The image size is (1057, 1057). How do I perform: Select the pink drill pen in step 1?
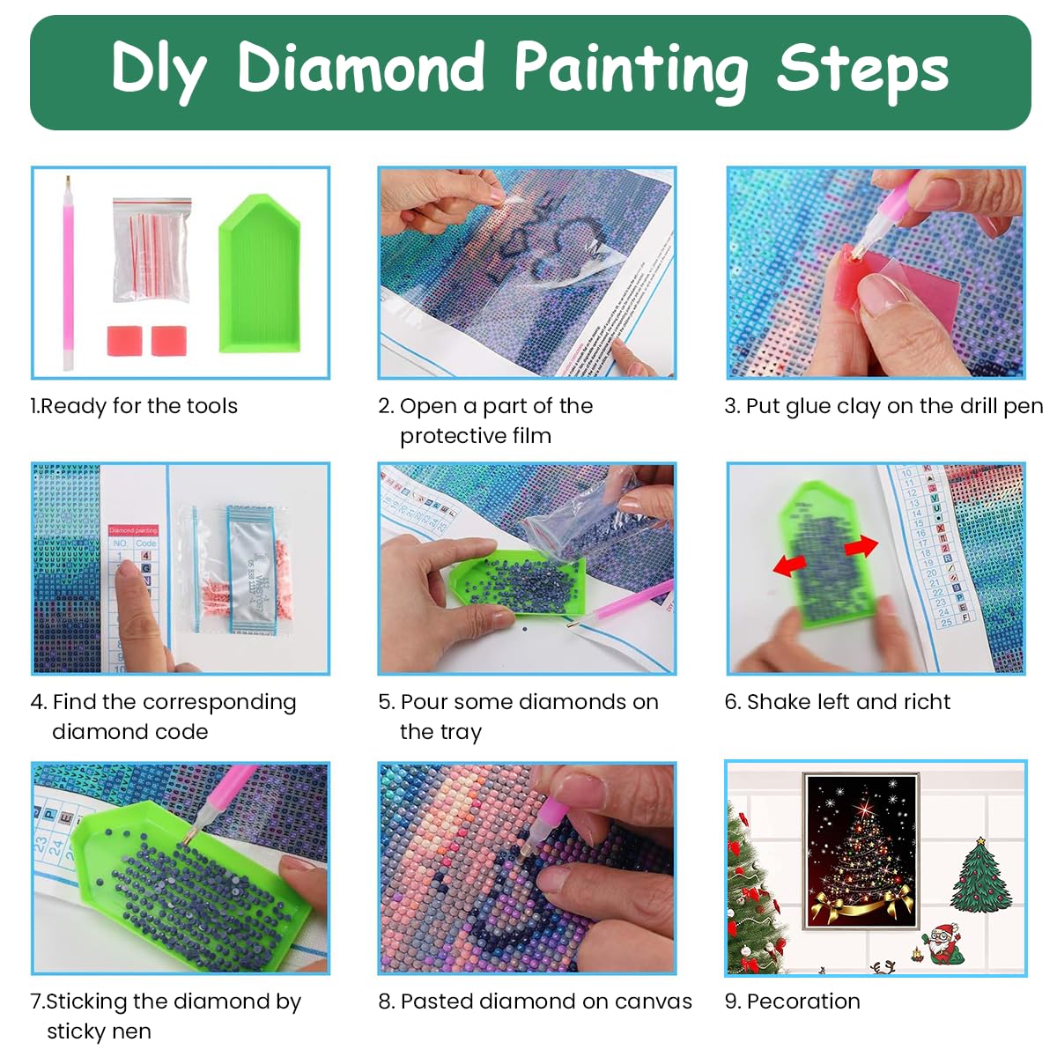pyautogui.click(x=68, y=273)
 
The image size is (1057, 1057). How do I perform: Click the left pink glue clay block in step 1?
pyautogui.click(x=124, y=341)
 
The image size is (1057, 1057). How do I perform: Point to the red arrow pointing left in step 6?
pyautogui.click(x=789, y=565)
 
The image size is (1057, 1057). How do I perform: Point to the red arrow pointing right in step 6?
pyautogui.click(x=861, y=547)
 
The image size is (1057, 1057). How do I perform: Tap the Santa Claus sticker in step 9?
pyautogui.click(x=944, y=944)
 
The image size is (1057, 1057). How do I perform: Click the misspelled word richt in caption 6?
pyautogui.click(x=927, y=702)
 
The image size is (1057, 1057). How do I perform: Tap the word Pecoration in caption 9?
pyautogui.click(x=803, y=1002)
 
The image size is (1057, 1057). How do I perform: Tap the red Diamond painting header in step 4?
pyautogui.click(x=133, y=530)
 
